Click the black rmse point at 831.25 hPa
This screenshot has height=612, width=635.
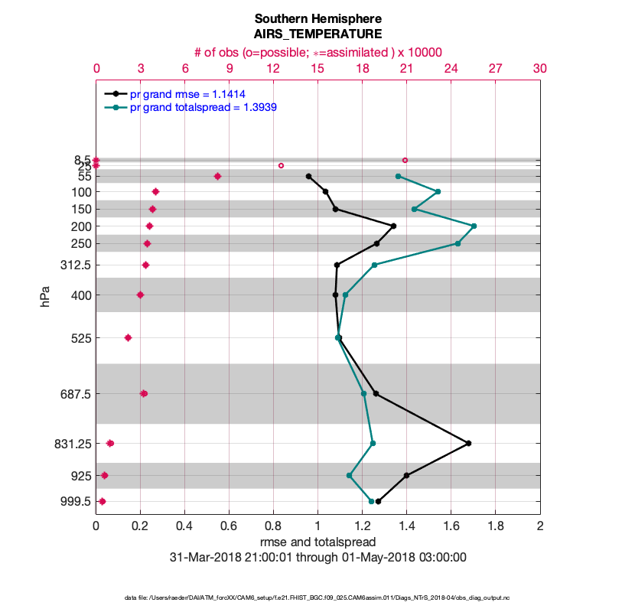pyautogui.click(x=468, y=443)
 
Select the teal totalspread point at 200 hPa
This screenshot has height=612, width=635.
pyautogui.click(x=474, y=226)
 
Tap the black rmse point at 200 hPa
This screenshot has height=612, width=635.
pyautogui.click(x=393, y=226)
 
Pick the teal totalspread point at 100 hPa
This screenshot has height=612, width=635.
pyautogui.click(x=438, y=191)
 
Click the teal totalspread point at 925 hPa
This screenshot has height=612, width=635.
pyautogui.click(x=349, y=475)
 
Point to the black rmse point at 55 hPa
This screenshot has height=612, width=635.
pyautogui.click(x=308, y=176)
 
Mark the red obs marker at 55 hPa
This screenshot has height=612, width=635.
pyautogui.click(x=217, y=176)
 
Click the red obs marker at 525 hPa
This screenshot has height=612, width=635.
pyautogui.click(x=128, y=337)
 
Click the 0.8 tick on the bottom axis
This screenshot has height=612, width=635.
pyautogui.click(x=273, y=526)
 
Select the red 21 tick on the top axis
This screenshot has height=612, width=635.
pyautogui.click(x=407, y=68)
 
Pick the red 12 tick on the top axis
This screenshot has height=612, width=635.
pyautogui.click(x=273, y=68)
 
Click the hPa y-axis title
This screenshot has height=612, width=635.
pyautogui.click(x=45, y=297)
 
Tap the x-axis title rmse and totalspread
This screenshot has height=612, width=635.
pyautogui.click(x=318, y=542)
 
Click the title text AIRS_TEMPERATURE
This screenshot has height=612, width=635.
pyautogui.click(x=318, y=34)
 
